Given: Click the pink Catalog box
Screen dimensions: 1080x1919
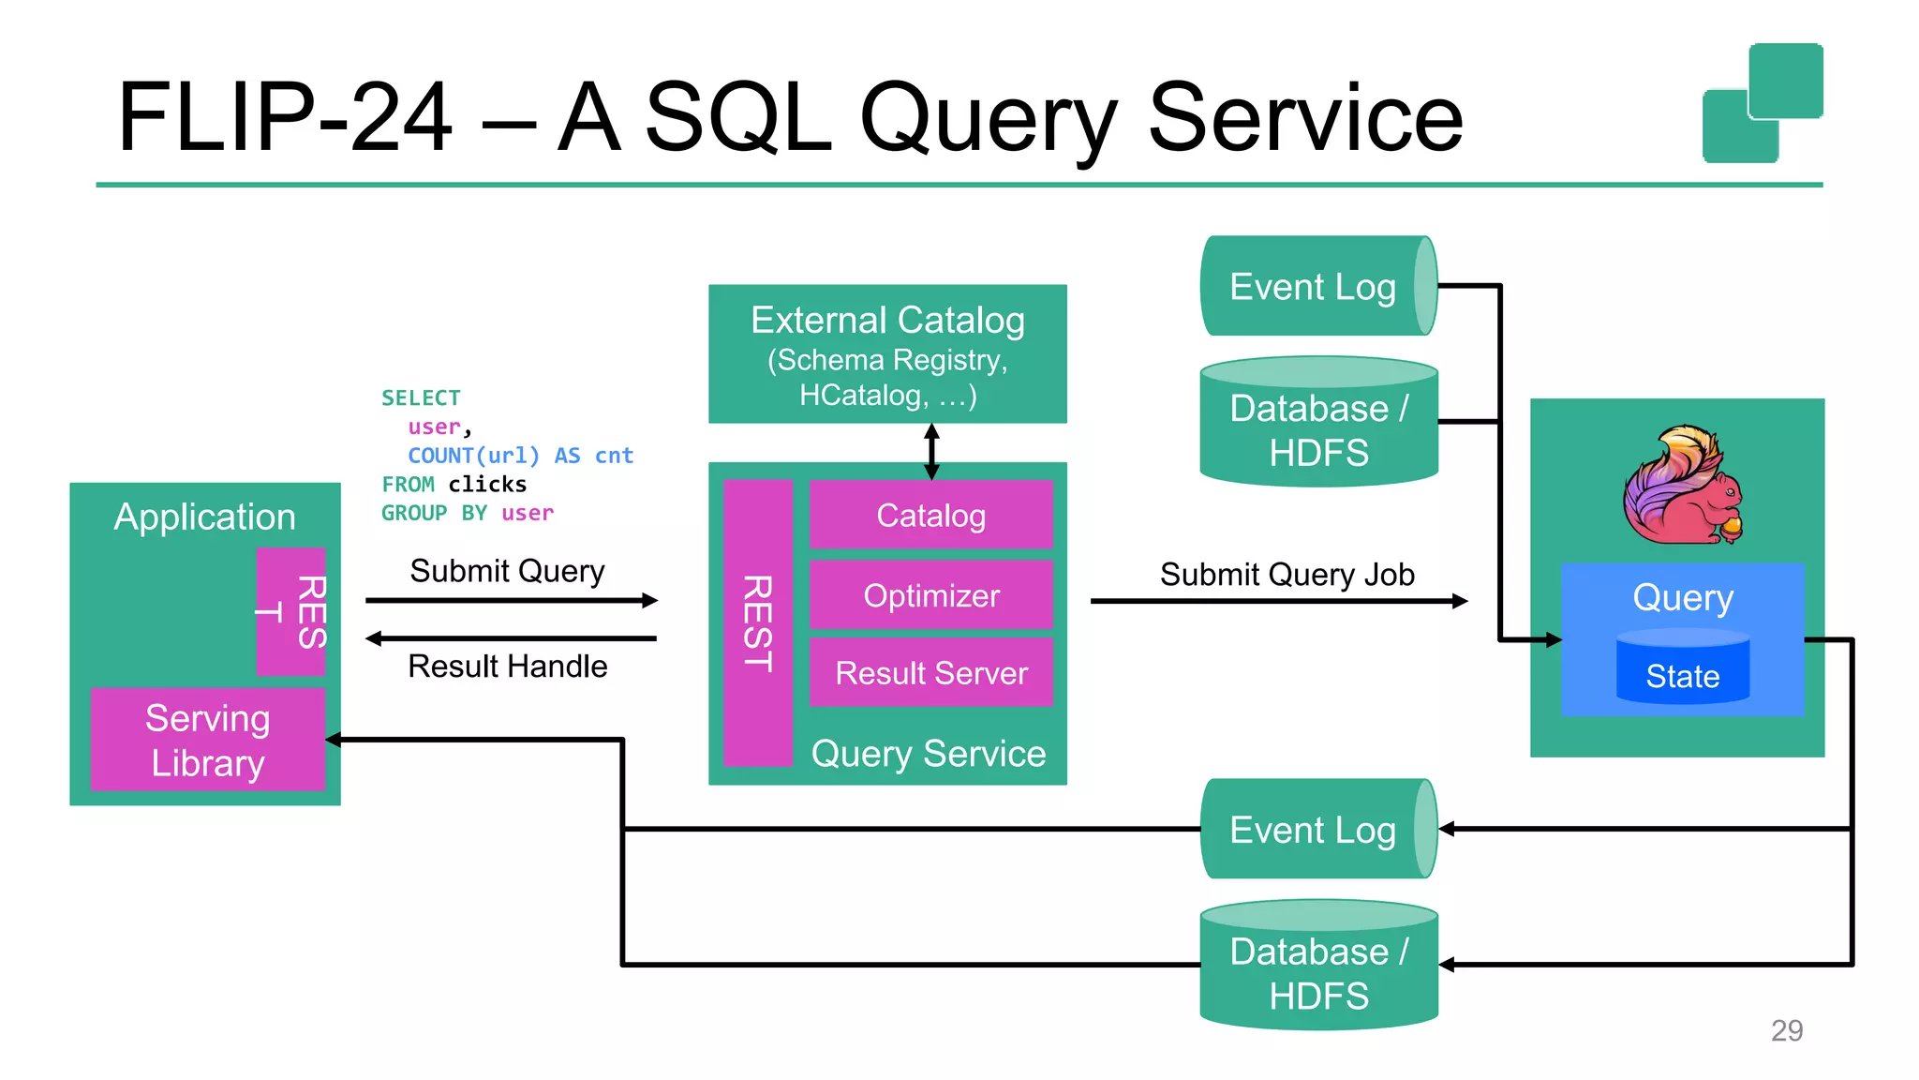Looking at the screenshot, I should click(x=930, y=515).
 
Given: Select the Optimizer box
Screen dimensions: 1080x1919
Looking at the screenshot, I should click(x=930, y=595).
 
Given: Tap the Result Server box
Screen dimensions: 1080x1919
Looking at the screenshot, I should click(x=930, y=672).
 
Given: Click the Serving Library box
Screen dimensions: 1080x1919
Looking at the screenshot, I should click(x=208, y=740).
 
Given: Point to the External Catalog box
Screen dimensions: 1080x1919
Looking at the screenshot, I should click(x=887, y=353).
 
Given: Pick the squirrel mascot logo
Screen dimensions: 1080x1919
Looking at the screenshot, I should click(x=1683, y=485).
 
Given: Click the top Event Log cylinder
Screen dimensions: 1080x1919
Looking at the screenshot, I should click(x=1314, y=286).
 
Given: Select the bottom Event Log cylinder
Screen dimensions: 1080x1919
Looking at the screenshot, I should click(x=1314, y=829).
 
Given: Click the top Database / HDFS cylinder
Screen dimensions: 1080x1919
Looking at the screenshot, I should click(x=1318, y=424).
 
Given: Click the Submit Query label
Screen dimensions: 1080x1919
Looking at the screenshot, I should click(x=507, y=570).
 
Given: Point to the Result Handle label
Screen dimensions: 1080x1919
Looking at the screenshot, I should click(x=507, y=666).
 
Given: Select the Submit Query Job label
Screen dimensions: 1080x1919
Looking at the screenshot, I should click(x=1287, y=574).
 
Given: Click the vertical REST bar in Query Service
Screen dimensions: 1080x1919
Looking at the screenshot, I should click(x=758, y=622).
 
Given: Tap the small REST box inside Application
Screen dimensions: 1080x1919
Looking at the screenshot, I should click(x=291, y=611).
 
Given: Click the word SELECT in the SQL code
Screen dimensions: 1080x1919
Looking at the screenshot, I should click(x=421, y=397).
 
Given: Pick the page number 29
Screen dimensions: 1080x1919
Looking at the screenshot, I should click(x=1786, y=1030).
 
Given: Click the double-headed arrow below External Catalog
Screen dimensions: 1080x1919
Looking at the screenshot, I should click(x=931, y=451).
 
